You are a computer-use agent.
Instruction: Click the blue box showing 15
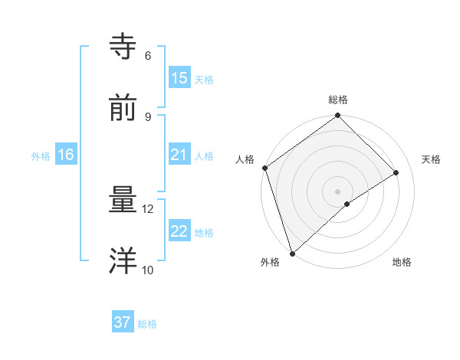(x=179, y=78)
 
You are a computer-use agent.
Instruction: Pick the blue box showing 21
(x=179, y=155)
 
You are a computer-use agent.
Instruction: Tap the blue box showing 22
(x=179, y=231)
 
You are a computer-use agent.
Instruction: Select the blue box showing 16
(x=66, y=155)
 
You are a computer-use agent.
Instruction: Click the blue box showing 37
(x=123, y=322)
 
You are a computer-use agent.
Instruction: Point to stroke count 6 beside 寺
(x=148, y=55)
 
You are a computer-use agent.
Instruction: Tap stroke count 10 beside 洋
(x=147, y=270)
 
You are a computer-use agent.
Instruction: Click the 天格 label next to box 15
(x=204, y=80)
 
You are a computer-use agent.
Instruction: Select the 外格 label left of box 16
(x=41, y=156)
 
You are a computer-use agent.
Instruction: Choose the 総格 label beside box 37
(x=147, y=324)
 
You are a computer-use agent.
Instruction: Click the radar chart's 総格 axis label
(x=338, y=100)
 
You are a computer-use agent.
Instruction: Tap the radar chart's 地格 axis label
(x=402, y=263)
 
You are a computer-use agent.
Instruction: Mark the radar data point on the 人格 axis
(x=264, y=168)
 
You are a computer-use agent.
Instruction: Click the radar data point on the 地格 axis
(x=347, y=204)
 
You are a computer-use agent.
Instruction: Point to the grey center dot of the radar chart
(x=337, y=191)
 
